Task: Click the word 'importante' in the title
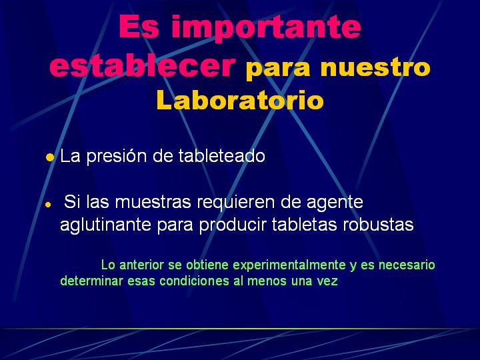(266, 27)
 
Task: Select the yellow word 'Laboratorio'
(240, 100)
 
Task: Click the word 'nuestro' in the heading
(375, 67)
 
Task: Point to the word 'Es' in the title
(139, 26)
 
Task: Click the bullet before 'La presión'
(49, 157)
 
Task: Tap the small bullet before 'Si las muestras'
(48, 205)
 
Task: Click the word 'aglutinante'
(105, 225)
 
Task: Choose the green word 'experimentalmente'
(289, 265)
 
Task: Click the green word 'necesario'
(407, 265)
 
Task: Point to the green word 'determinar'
(91, 281)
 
